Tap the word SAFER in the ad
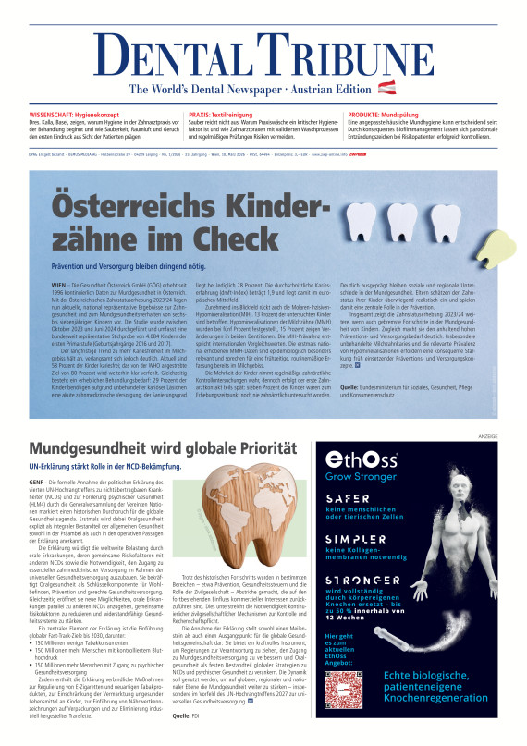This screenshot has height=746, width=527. pyautogui.click(x=345, y=499)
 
